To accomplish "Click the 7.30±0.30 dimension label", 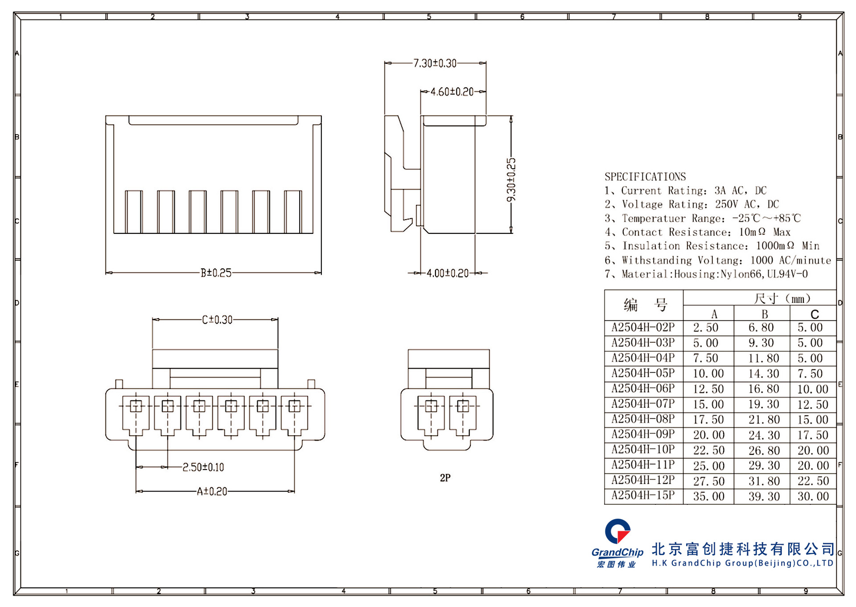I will click(435, 63).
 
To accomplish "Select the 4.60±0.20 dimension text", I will click(452, 92).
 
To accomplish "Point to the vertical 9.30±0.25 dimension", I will click(511, 179).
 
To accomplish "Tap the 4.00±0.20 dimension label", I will click(447, 273).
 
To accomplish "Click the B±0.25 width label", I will click(216, 273).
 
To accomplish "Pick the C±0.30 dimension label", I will click(217, 320).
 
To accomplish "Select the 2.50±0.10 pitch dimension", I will click(203, 467).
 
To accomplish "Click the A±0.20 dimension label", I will click(212, 491).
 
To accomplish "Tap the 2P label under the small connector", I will click(445, 478).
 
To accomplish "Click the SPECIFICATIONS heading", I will click(645, 177).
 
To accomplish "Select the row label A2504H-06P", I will click(643, 388).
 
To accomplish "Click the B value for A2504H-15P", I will click(764, 496).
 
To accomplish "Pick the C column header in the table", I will click(814, 314).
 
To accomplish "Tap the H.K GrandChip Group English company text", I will click(742, 563).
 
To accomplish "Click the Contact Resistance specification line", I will click(697, 232).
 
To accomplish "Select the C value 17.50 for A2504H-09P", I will click(812, 435).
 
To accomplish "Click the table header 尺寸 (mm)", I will click(781, 298).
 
